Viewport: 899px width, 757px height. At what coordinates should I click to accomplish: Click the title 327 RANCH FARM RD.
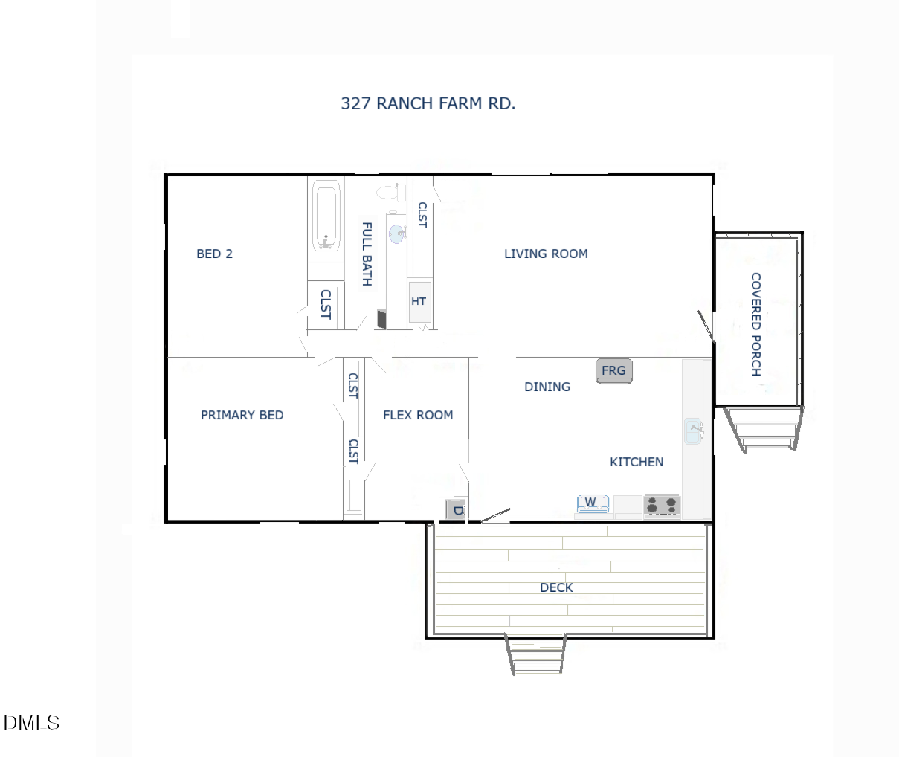[428, 103]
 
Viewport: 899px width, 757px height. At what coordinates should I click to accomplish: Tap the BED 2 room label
[214, 254]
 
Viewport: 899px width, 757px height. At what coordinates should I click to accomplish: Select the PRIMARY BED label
[242, 415]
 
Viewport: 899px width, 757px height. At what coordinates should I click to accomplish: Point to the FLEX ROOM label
[417, 415]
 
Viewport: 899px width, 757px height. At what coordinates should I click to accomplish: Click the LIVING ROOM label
[546, 254]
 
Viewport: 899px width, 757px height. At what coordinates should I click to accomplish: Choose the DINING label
[547, 387]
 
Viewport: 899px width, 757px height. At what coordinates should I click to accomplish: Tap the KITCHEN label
[636, 462]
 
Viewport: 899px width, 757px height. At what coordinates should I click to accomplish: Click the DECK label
[556, 587]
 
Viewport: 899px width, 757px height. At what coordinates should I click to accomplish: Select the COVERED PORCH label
[755, 324]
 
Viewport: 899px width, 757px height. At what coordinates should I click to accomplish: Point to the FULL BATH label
[367, 254]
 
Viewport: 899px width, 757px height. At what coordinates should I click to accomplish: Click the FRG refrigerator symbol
[613, 370]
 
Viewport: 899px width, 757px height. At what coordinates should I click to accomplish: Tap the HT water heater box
[419, 301]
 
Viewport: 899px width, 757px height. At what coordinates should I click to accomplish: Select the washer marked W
[592, 503]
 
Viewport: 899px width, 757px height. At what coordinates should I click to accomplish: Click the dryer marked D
[455, 509]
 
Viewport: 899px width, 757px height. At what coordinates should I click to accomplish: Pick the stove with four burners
[661, 505]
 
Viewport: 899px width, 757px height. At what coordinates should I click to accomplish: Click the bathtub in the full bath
[326, 216]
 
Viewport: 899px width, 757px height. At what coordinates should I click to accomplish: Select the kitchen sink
[693, 431]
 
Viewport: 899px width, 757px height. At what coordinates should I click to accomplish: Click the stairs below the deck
[535, 654]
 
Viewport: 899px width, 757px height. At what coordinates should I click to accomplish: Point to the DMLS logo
[31, 722]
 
